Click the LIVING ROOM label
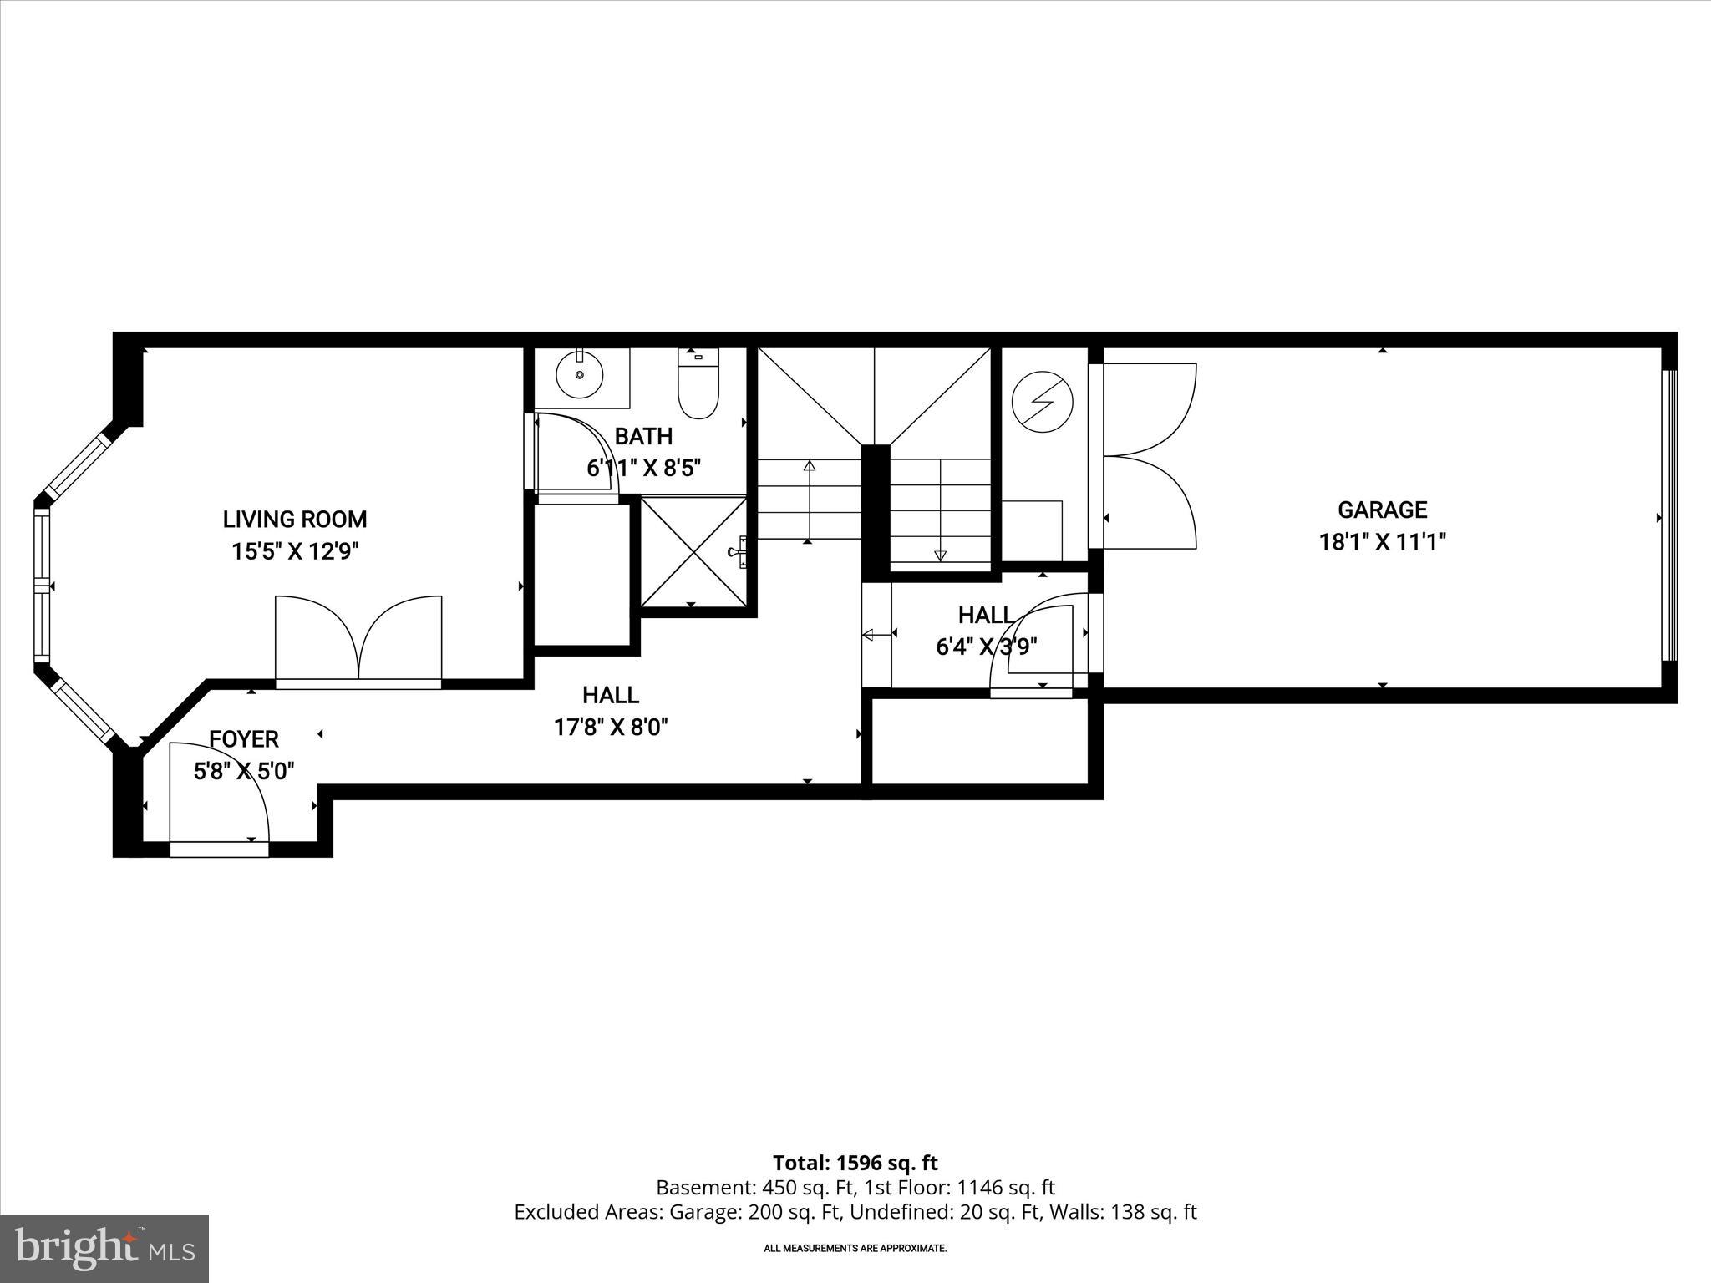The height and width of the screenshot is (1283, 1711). tap(294, 519)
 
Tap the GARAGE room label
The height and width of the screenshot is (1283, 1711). tap(1382, 510)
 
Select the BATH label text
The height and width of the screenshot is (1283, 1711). tap(643, 436)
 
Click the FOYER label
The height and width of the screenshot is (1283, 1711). tap(243, 739)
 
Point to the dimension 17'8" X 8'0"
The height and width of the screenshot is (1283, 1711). tap(611, 728)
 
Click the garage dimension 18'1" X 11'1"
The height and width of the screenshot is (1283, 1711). tap(1382, 542)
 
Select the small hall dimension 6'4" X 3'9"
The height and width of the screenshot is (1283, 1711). tap(986, 647)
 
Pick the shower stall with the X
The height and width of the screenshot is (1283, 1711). tap(692, 551)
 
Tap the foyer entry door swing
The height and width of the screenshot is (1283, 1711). tap(219, 794)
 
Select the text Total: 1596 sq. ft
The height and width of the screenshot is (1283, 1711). tap(855, 1163)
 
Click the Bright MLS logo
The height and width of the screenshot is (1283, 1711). tap(104, 1248)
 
